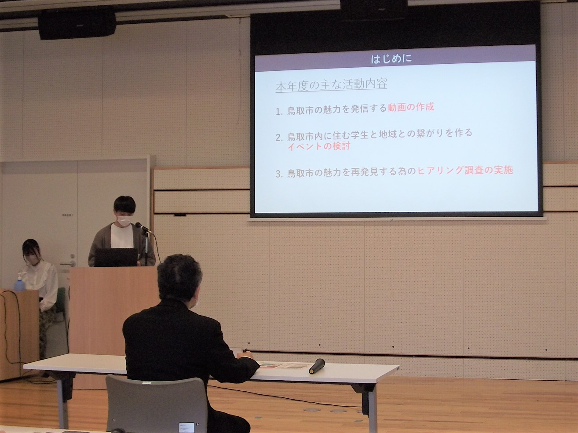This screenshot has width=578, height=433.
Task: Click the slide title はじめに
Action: point(391,58)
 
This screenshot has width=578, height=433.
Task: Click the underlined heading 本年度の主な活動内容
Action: point(331,85)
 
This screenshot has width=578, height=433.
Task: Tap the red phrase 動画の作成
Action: point(411,108)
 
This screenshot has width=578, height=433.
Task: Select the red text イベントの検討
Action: point(318,146)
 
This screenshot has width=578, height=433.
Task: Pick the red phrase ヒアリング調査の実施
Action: point(465,171)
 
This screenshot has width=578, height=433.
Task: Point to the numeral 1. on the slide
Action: point(279,112)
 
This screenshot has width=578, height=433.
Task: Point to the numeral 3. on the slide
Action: point(279,174)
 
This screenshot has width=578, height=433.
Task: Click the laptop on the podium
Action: point(116,258)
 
